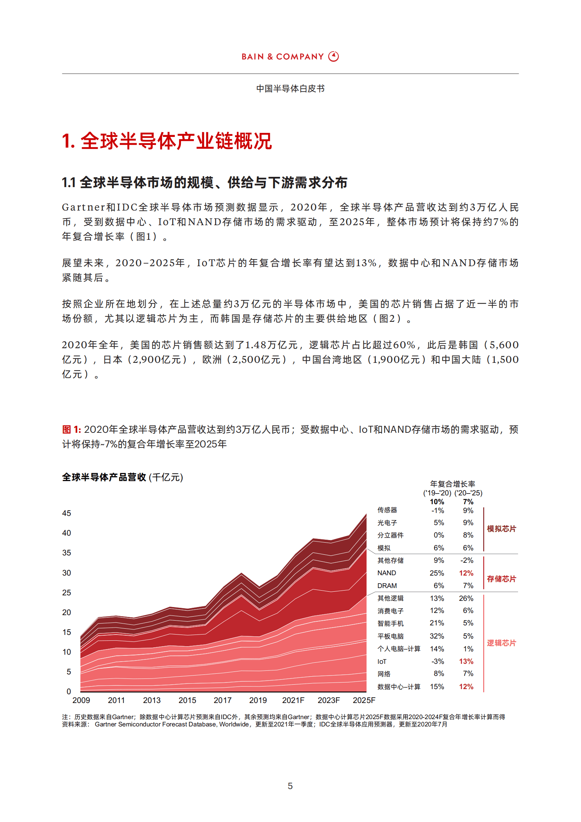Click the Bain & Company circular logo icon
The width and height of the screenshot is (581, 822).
[333, 56]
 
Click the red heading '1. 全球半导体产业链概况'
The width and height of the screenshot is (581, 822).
[167, 141]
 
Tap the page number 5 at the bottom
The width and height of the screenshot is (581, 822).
[290, 786]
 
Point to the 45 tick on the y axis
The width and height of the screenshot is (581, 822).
[66, 513]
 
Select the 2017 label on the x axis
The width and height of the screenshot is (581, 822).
[223, 700]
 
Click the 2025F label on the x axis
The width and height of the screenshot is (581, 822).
[364, 700]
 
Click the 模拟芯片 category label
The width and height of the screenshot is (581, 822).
[501, 529]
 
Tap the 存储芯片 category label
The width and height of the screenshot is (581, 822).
[501, 579]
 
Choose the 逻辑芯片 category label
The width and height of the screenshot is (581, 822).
[501, 643]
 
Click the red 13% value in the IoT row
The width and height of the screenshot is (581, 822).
[466, 661]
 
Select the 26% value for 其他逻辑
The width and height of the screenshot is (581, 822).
[466, 598]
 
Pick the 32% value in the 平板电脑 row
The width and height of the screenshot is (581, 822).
[437, 636]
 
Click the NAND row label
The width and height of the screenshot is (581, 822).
[387, 573]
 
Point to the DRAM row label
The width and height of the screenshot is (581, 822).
[387, 586]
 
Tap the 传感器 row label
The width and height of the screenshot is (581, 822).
[387, 510]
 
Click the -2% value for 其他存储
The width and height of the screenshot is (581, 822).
[467, 560]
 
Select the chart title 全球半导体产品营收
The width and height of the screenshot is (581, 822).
[104, 477]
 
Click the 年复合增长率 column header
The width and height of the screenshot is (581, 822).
[452, 484]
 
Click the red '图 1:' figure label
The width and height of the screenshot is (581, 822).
[71, 429]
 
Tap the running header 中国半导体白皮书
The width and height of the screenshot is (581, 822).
[290, 89]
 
